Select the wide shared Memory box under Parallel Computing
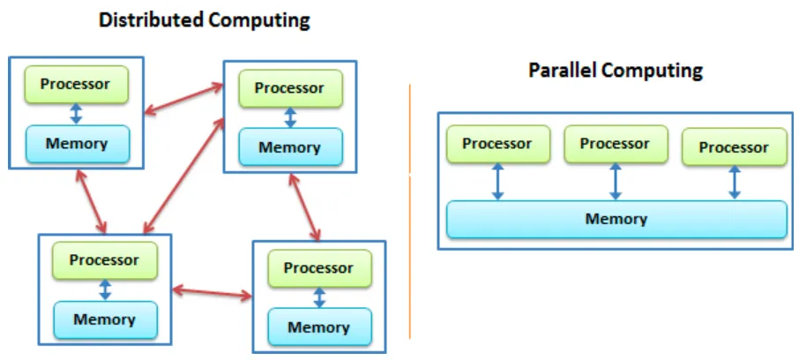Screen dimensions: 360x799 [616, 220]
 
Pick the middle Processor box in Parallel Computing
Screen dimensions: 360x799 [615, 144]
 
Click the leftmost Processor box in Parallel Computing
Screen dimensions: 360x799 [497, 144]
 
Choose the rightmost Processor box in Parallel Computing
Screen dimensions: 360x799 [734, 147]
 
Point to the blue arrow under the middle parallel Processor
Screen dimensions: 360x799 [616, 182]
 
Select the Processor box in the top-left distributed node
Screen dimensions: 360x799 [76, 85]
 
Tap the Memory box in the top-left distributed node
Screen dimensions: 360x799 [76, 143]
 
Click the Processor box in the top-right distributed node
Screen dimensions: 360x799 [288, 88]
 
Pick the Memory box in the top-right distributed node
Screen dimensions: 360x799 [288, 147]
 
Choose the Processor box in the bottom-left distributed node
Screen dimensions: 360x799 [104, 260]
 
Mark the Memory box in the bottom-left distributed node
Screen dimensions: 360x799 [104, 319]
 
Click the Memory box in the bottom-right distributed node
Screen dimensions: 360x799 [318, 327]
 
